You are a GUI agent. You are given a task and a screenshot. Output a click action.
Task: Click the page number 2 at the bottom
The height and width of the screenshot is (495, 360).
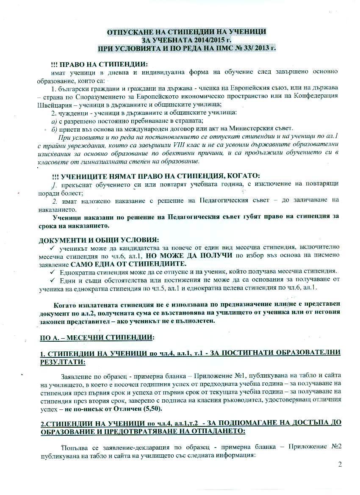pos(340,465)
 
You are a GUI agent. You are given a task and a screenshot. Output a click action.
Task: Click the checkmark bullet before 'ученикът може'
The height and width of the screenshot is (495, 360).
pos(53,247)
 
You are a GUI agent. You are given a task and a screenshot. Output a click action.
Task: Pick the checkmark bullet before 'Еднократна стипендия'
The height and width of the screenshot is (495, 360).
pos(53,271)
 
